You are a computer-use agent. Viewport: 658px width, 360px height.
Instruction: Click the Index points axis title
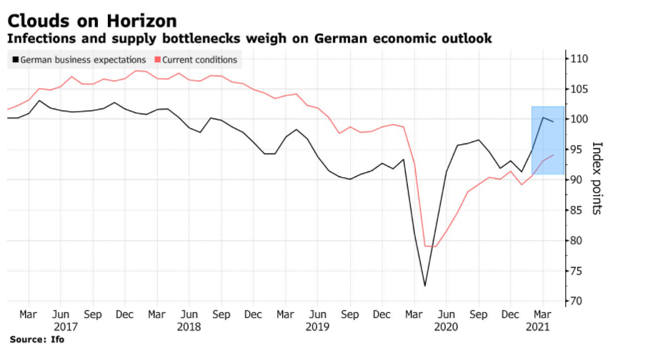pos(598,178)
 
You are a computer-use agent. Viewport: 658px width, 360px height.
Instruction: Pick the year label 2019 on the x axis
pos(318,326)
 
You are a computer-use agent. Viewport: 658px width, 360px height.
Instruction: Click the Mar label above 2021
pos(542,314)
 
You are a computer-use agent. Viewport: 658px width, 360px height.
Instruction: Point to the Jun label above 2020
pos(446,314)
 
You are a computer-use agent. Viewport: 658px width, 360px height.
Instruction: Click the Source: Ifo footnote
pos(36,339)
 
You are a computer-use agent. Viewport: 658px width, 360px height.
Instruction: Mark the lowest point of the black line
pos(425,286)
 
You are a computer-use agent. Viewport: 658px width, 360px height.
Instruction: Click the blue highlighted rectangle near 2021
pos(548,140)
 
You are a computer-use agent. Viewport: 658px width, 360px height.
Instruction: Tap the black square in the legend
pos(15,60)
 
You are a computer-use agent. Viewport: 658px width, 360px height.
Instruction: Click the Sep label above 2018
pos(221,314)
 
